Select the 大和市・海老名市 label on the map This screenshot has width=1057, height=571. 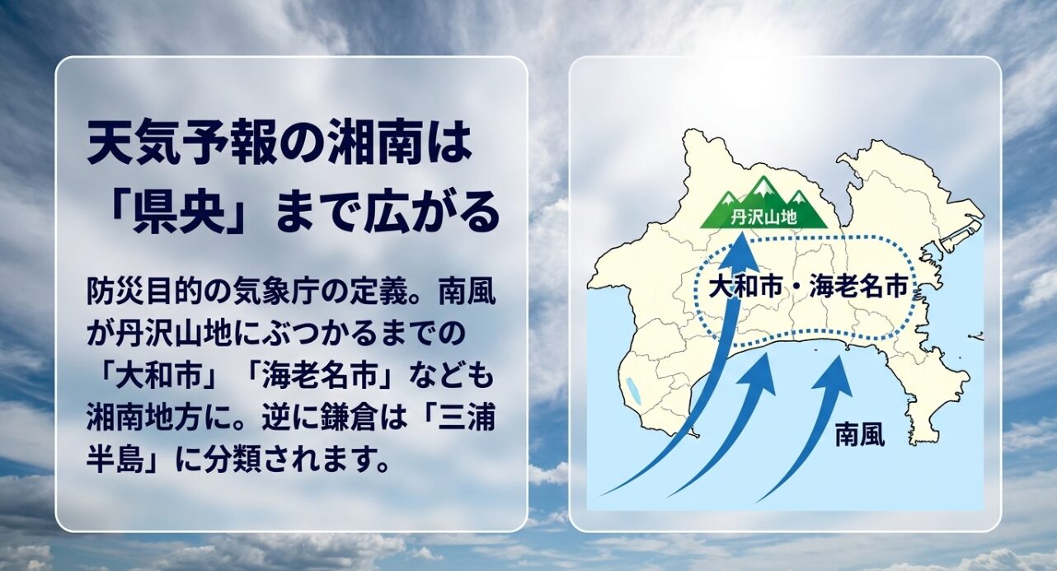pyautogui.click(x=808, y=287)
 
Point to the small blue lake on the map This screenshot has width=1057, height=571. pyautogui.click(x=632, y=388)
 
